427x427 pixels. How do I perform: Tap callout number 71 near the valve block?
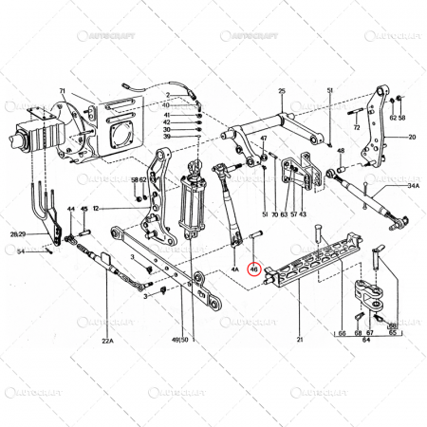(62, 91)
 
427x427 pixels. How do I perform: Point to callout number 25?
(281, 90)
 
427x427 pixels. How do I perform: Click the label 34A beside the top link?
(414, 187)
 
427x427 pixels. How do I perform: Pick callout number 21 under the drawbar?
(299, 339)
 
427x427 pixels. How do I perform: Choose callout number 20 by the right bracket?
(413, 138)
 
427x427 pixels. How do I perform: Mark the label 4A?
(233, 269)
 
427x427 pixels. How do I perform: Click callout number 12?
(97, 208)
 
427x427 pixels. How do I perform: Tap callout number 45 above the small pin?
(84, 209)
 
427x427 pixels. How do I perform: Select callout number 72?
(356, 126)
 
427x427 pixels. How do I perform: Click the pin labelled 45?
(84, 228)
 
